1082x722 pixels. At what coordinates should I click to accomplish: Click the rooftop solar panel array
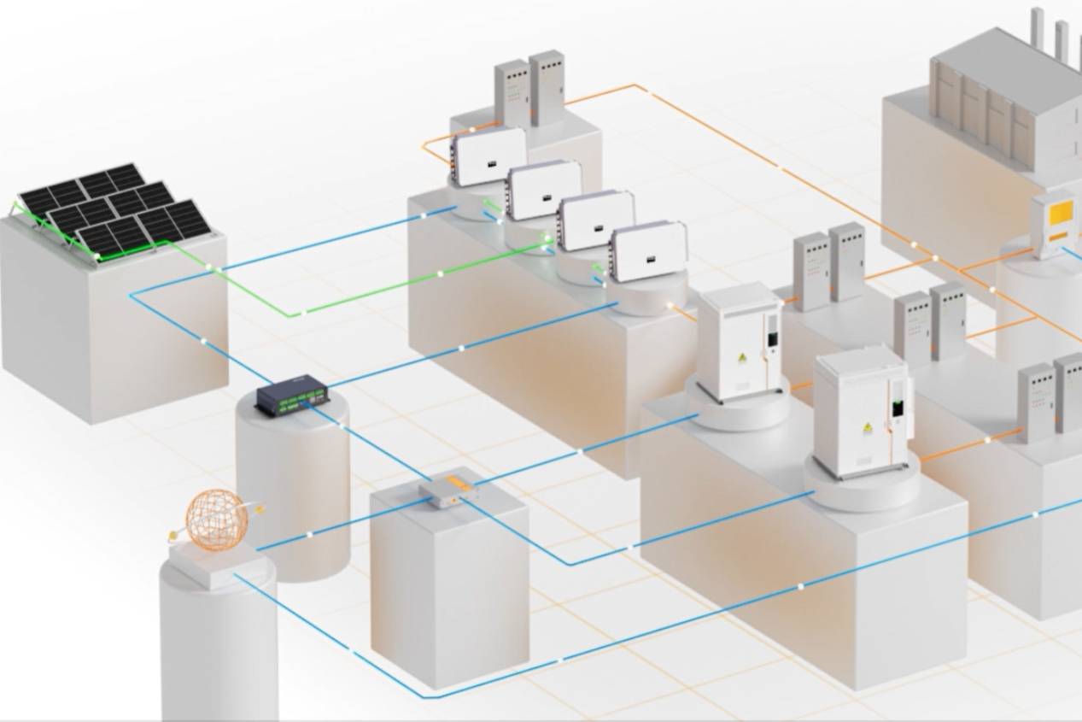coord(114,209)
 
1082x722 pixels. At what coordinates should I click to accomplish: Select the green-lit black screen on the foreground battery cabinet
coord(898,408)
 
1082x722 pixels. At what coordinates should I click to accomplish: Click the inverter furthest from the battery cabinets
coord(488,156)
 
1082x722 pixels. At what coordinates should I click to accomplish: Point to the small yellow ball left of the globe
coord(173,537)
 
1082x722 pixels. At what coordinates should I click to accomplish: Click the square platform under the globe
coord(214,565)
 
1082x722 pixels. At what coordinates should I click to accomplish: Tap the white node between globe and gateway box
coord(309,533)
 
